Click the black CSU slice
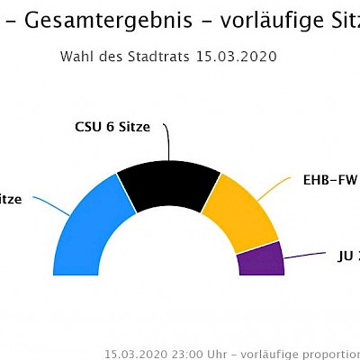point(168,184)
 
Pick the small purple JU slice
point(260,261)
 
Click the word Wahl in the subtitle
point(76,57)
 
